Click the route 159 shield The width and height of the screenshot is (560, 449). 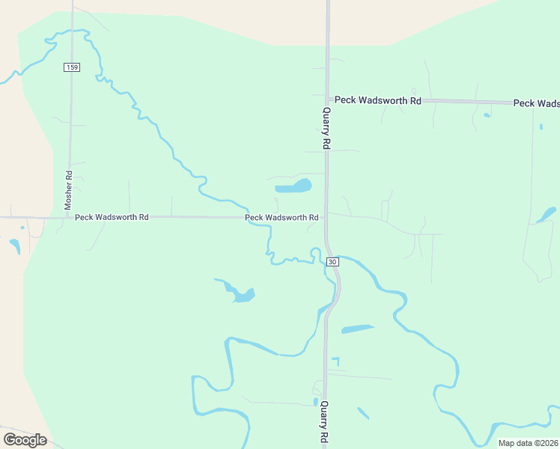[x=72, y=67]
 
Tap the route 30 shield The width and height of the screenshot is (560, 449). [x=333, y=261]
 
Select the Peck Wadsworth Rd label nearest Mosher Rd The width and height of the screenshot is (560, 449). [x=112, y=217]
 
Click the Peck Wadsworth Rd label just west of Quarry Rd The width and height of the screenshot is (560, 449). [x=282, y=218]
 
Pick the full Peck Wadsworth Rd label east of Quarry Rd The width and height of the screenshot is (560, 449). [x=378, y=100]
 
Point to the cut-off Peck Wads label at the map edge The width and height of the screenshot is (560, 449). [x=536, y=103]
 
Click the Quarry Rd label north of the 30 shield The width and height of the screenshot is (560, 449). [x=326, y=129]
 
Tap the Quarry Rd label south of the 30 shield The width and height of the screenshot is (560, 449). [x=325, y=424]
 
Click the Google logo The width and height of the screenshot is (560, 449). [x=25, y=439]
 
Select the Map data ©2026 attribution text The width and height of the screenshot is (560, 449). [x=528, y=443]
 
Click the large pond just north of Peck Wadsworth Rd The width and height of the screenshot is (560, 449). [x=293, y=186]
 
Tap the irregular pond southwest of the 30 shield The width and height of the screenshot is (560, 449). [x=240, y=293]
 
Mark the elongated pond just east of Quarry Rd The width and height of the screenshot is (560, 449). [x=356, y=329]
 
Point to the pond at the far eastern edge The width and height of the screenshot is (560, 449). [x=545, y=216]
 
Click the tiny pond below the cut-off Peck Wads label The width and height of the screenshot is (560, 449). [x=487, y=115]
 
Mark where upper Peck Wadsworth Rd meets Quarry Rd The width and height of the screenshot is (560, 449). [x=327, y=99]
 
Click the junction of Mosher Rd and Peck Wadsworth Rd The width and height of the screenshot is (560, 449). [x=69, y=217]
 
